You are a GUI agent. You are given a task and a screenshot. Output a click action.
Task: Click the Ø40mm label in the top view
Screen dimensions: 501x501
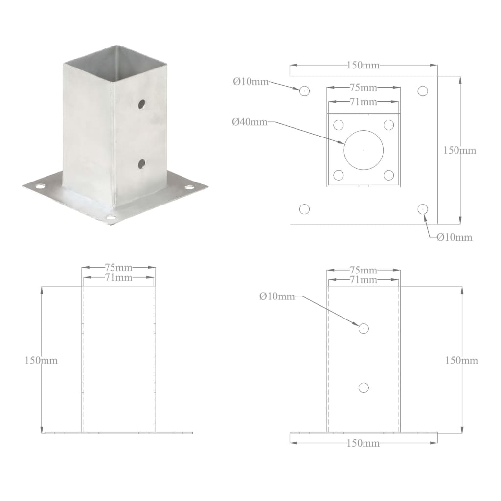(250, 122)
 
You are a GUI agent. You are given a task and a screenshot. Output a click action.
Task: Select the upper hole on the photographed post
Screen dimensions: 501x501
(141, 104)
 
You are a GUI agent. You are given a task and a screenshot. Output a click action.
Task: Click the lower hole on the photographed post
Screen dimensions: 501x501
(141, 164)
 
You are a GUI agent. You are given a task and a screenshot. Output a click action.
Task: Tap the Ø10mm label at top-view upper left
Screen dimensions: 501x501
(250, 82)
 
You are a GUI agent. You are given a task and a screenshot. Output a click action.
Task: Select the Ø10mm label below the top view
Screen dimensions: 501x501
(455, 237)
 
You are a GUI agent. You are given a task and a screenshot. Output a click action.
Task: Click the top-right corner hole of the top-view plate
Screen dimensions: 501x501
(423, 91)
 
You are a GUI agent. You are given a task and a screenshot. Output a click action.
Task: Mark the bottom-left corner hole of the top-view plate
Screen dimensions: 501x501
(304, 209)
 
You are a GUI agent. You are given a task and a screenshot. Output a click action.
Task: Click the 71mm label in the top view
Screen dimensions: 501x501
(363, 102)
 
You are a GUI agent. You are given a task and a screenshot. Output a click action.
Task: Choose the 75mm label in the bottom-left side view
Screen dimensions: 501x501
(118, 268)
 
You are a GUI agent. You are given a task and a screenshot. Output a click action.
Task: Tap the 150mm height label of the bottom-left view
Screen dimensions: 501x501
(42, 360)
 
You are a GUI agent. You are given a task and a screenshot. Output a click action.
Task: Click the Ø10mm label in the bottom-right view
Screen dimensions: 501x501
(277, 296)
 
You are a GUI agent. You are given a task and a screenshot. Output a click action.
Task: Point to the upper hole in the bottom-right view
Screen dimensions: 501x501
(363, 328)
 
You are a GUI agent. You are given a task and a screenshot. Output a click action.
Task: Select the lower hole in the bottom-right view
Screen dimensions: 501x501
(363, 387)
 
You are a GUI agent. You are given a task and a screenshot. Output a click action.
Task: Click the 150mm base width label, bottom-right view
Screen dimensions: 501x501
(363, 443)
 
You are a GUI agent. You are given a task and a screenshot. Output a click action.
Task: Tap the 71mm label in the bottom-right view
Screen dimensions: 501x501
(363, 280)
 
